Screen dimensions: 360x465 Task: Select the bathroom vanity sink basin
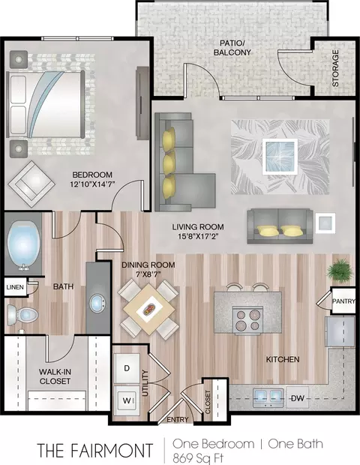97,303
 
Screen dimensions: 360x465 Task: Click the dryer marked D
127,368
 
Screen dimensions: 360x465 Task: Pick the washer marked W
127,401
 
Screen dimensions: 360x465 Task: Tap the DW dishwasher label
298,398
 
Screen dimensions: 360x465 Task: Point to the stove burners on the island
247,320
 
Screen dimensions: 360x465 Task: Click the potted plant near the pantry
340,268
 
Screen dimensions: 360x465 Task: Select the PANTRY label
343,301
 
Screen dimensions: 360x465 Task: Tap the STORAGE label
335,68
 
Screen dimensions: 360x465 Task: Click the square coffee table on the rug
280,157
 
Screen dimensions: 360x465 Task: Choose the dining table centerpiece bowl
149,309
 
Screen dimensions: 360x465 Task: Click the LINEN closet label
15,287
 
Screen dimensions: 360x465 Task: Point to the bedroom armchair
31,184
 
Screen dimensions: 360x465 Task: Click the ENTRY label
178,419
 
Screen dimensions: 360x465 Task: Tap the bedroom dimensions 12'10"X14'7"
92,184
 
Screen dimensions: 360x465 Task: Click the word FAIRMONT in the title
112,450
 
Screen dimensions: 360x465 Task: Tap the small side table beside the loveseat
325,223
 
